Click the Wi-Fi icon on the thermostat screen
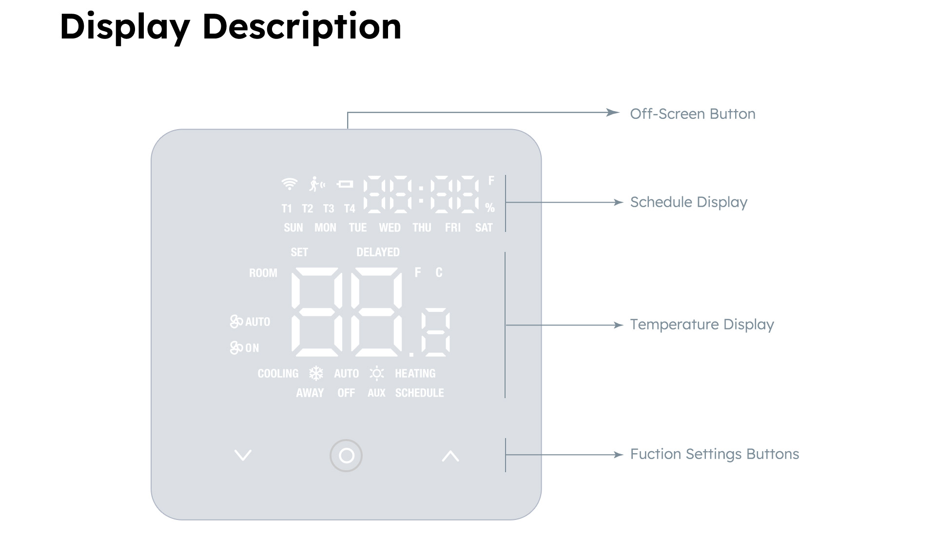click(290, 184)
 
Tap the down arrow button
click(243, 455)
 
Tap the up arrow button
click(450, 456)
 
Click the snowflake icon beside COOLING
click(316, 374)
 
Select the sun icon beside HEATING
click(377, 374)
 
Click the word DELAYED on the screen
click(378, 252)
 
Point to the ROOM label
click(263, 273)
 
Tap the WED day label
click(390, 228)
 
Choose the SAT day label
click(484, 228)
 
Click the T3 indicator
click(329, 209)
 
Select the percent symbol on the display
click(490, 208)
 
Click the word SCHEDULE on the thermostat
click(420, 393)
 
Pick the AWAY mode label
click(310, 393)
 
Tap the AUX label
click(376, 393)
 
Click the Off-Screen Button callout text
click(693, 114)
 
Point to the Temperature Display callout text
click(702, 325)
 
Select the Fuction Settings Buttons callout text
click(715, 454)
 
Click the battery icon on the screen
click(345, 184)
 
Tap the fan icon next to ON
click(236, 347)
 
